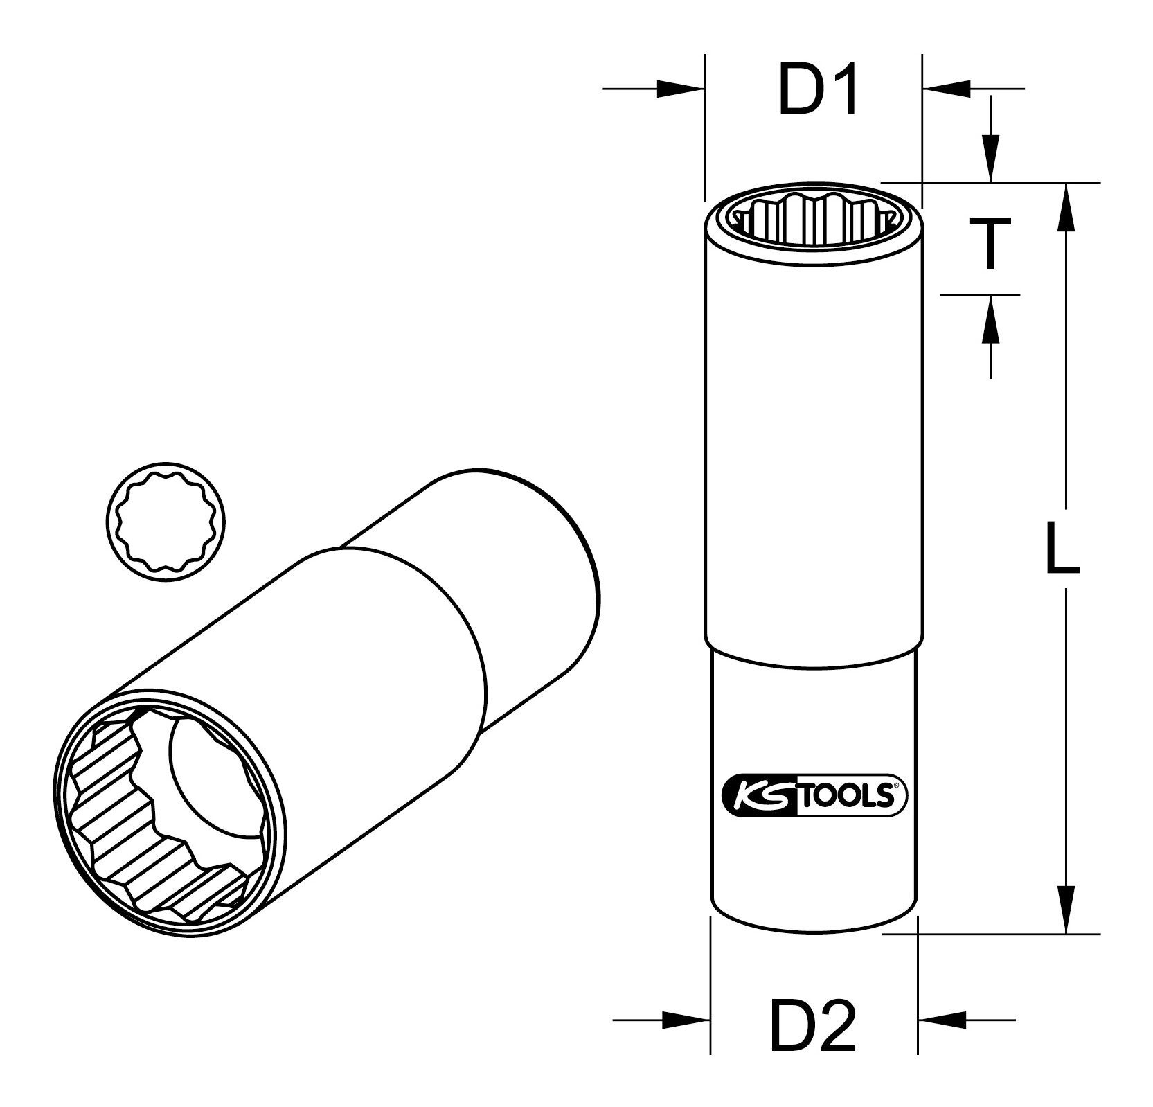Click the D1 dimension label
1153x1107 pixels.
click(818, 91)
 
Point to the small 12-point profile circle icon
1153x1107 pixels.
click(166, 518)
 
